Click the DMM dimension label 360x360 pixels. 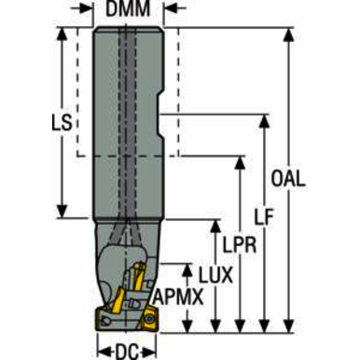[128, 8]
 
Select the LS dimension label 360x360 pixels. [62, 122]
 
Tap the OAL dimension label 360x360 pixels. [288, 179]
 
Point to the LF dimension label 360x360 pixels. [264, 216]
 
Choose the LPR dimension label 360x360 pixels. [240, 244]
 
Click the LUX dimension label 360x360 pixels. [215, 275]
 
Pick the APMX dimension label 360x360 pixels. [178, 298]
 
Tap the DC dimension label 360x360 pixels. [127, 353]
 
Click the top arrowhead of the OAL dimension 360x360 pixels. [289, 35]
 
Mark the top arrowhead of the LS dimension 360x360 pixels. [62, 35]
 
